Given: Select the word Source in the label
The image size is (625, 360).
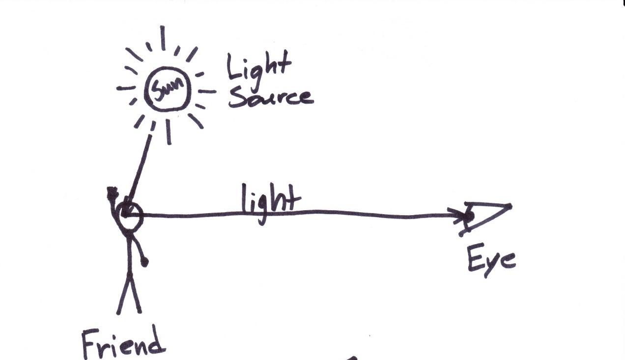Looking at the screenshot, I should [x=270, y=97].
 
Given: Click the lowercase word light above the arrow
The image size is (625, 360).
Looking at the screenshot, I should [x=270, y=201].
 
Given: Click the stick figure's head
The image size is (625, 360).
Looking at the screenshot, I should [x=130, y=215].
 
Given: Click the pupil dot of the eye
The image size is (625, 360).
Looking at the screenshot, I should [x=469, y=215].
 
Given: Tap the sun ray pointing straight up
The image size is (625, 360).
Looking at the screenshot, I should [x=163, y=38].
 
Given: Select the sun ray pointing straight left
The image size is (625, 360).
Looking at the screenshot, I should [x=126, y=88].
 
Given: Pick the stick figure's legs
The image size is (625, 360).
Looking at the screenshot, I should [x=129, y=292].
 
